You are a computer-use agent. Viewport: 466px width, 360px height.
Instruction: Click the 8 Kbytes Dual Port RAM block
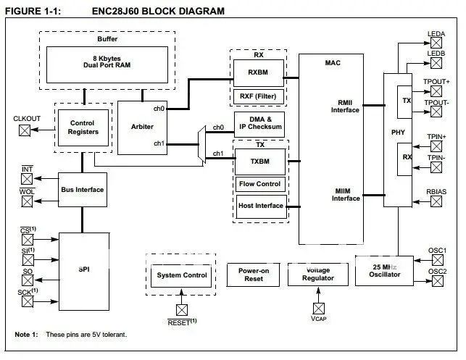coord(110,63)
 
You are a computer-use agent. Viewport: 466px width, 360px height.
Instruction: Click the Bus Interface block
coord(83,189)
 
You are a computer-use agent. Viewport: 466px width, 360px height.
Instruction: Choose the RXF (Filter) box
coord(258,95)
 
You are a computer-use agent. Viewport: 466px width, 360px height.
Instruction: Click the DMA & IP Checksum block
coord(259,124)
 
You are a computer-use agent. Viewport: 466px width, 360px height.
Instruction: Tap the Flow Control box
coord(259,184)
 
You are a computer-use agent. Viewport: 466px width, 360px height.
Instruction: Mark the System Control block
coord(182,275)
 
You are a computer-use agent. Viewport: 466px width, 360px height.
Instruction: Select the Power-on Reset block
coord(254,275)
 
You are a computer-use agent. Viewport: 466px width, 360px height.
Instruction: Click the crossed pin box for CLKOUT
coord(25,131)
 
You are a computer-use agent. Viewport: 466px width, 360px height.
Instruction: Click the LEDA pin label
coord(436,33)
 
